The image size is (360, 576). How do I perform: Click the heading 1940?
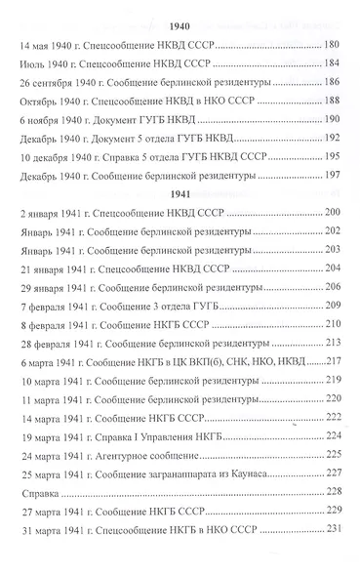tap(179, 24)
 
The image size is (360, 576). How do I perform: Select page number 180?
tap(331, 47)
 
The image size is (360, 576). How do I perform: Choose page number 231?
tap(331, 555)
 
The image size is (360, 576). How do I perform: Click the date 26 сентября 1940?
tap(56, 83)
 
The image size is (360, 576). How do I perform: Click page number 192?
tap(331, 138)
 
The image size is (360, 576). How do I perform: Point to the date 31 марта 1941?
tap(51, 555)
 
